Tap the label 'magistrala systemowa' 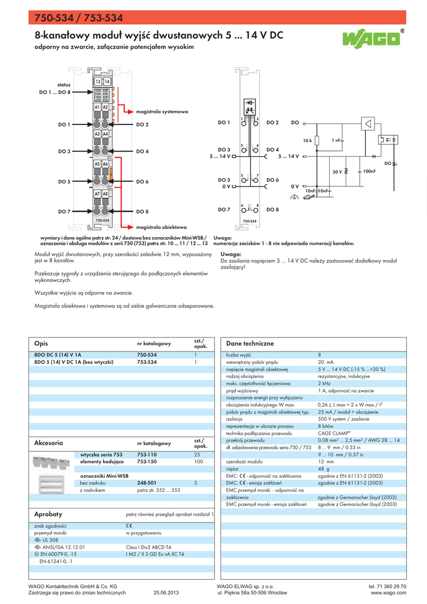pos(162,111)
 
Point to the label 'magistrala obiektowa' pos(162,226)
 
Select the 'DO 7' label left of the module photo pos(64,211)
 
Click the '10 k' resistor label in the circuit pos(307,140)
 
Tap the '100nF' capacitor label pos(369,171)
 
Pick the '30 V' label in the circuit pos(337,172)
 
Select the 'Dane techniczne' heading pos(250,343)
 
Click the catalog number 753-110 pos(147,455)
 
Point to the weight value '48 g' pos(324,469)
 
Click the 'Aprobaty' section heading pos(48,514)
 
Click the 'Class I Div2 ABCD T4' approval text pos(148,547)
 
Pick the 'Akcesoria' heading pos(49,442)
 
